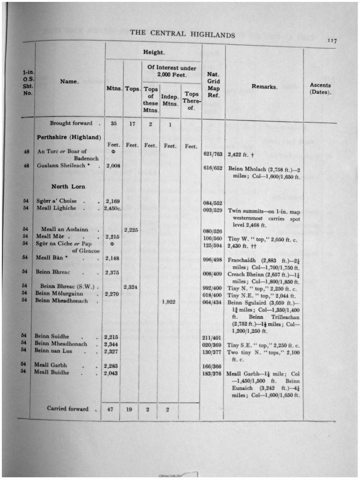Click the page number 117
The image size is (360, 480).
click(x=332, y=41)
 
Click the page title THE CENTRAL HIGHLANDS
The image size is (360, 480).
click(x=182, y=34)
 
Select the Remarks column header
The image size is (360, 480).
click(x=264, y=87)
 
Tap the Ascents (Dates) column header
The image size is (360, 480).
click(x=320, y=89)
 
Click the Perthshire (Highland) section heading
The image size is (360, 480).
click(x=69, y=137)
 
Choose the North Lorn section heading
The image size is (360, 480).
click(x=68, y=187)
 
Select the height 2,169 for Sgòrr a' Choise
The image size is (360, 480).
click(x=112, y=201)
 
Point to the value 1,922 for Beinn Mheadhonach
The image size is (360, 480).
click(x=168, y=301)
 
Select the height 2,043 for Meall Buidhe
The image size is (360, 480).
click(x=111, y=373)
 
